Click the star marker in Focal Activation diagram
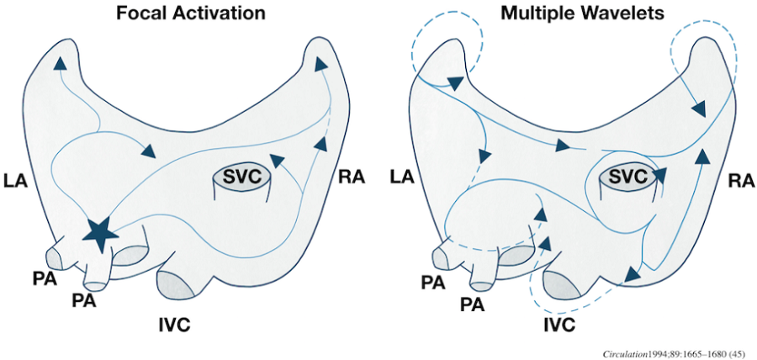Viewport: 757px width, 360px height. [100, 233]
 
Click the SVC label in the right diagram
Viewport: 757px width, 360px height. [630, 176]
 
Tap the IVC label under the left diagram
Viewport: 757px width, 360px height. [179, 322]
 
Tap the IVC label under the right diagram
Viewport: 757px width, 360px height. [559, 324]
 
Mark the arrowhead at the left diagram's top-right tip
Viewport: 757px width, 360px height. [320, 63]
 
